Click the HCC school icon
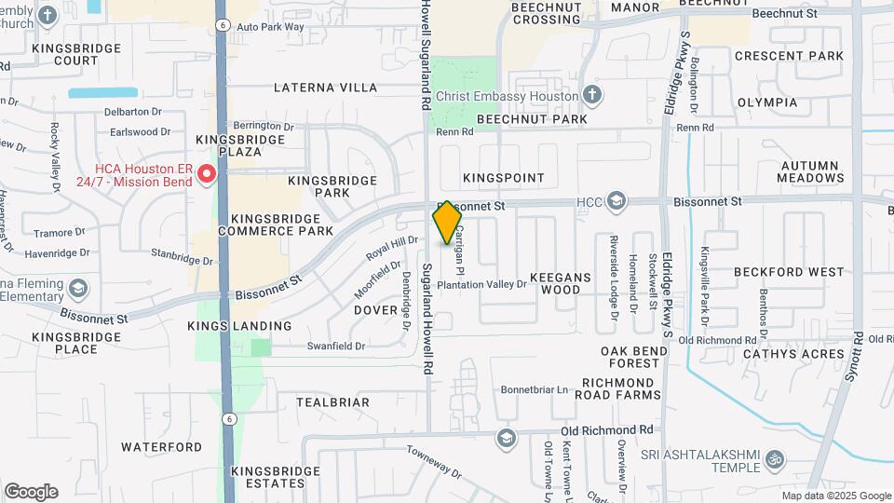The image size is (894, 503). click(x=616, y=201)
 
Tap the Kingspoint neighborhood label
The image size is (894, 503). click(x=504, y=177)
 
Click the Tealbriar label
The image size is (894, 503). click(x=332, y=402)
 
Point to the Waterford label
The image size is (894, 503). click(x=161, y=447)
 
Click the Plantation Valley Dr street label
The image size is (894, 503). click(x=481, y=284)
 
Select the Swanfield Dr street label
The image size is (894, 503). click(x=336, y=346)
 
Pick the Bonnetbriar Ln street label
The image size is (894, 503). click(x=535, y=389)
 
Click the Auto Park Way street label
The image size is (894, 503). click(x=271, y=27)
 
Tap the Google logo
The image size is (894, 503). click(x=31, y=492)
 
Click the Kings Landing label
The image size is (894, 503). click(x=239, y=326)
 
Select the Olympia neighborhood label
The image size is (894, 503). click(x=767, y=102)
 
